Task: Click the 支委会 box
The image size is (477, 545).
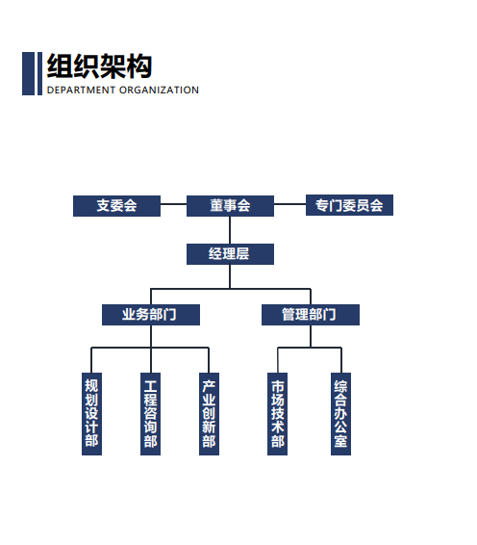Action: point(116,206)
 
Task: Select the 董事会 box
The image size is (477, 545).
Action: point(230,206)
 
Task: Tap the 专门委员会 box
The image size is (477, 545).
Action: point(349,205)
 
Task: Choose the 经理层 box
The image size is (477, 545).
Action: point(230,254)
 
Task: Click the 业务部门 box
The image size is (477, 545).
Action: point(151,315)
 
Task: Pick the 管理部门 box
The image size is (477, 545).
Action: point(311,315)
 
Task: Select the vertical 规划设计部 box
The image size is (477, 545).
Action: point(91,414)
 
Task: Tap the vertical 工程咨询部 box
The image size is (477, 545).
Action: point(150,414)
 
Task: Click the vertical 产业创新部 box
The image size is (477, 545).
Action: point(209,414)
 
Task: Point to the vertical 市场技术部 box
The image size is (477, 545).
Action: point(277,414)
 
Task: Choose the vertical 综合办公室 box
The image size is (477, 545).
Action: point(340,414)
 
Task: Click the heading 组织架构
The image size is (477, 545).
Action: point(99,66)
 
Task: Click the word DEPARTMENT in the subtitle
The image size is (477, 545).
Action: point(81,90)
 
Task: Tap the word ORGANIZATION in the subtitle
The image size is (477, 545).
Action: point(159,90)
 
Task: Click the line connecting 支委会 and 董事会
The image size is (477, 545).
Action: point(173,204)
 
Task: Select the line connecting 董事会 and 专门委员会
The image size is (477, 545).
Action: point(289,204)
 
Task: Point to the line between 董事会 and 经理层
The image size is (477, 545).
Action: point(230,230)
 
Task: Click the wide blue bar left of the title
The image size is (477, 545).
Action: point(29,74)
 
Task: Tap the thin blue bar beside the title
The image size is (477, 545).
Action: point(39,74)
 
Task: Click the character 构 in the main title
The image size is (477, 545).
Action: point(139,66)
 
